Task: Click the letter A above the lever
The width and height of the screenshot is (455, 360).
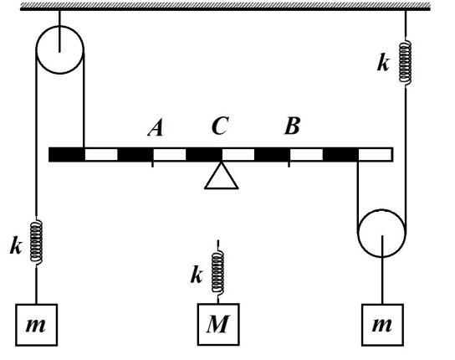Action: pyautogui.click(x=156, y=128)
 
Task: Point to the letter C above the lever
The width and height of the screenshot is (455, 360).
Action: pyautogui.click(x=220, y=126)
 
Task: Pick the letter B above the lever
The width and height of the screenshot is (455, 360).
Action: pyautogui.click(x=292, y=126)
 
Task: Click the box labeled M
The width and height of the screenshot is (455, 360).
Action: pyautogui.click(x=218, y=324)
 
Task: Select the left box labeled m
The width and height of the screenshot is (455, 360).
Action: pyautogui.click(x=36, y=325)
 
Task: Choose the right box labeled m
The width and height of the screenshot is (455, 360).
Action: pyautogui.click(x=382, y=325)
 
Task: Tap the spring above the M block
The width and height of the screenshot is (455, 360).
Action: pyautogui.click(x=217, y=272)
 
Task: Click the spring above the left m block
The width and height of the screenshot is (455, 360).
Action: pyautogui.click(x=36, y=242)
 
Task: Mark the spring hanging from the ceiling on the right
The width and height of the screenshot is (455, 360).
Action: pyautogui.click(x=405, y=62)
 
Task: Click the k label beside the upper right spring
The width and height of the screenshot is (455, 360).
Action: pyautogui.click(x=383, y=63)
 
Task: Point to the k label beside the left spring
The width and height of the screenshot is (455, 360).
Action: pyautogui.click(x=16, y=246)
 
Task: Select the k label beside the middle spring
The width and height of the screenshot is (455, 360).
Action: pyautogui.click(x=197, y=275)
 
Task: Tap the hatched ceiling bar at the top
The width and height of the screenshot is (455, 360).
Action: pyautogui.click(x=225, y=6)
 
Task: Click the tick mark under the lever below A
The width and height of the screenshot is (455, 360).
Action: pyautogui.click(x=152, y=164)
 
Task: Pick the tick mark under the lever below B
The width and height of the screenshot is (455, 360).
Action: pyautogui.click(x=289, y=164)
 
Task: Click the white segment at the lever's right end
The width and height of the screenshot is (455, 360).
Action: pyautogui.click(x=376, y=154)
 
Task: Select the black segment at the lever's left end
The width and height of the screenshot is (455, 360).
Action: pyautogui.click(x=66, y=154)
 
